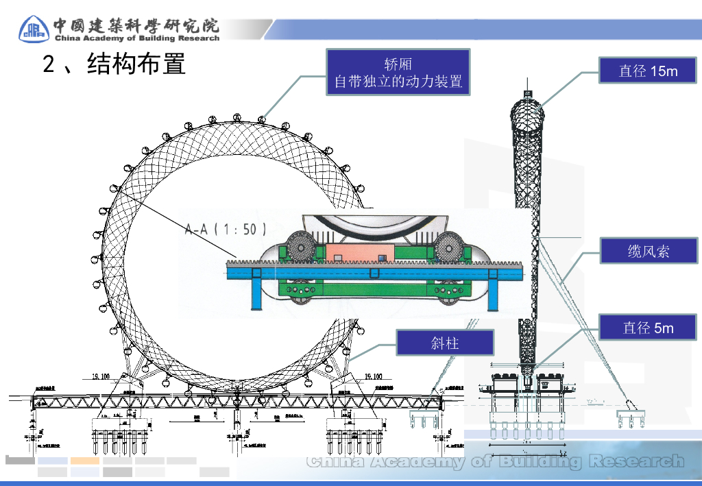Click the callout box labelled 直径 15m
[648, 71]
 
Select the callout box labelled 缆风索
[648, 251]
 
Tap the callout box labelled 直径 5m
[648, 328]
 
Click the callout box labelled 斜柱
[445, 342]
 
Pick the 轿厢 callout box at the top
[398, 73]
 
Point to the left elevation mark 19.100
[101, 376]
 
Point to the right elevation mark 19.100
[374, 376]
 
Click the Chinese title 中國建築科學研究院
[137, 25]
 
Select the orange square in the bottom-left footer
[85, 461]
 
